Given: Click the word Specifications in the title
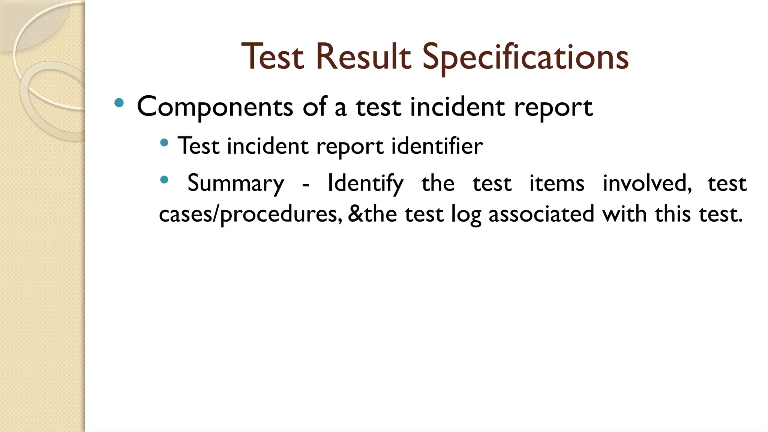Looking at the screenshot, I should [525, 57].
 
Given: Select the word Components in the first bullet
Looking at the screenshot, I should [214, 107].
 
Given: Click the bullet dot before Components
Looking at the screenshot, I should [119, 102].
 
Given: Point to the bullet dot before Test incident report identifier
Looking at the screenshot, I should [164, 142].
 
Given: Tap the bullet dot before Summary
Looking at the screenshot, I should [164, 180].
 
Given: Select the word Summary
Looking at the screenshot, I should [235, 184].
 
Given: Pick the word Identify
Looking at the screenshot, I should [365, 184].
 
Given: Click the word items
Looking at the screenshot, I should [556, 184].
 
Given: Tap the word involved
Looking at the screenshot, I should [647, 184].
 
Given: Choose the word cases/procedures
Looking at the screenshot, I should [250, 214].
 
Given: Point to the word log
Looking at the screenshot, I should [466, 214].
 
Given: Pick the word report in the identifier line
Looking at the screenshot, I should [350, 146].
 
